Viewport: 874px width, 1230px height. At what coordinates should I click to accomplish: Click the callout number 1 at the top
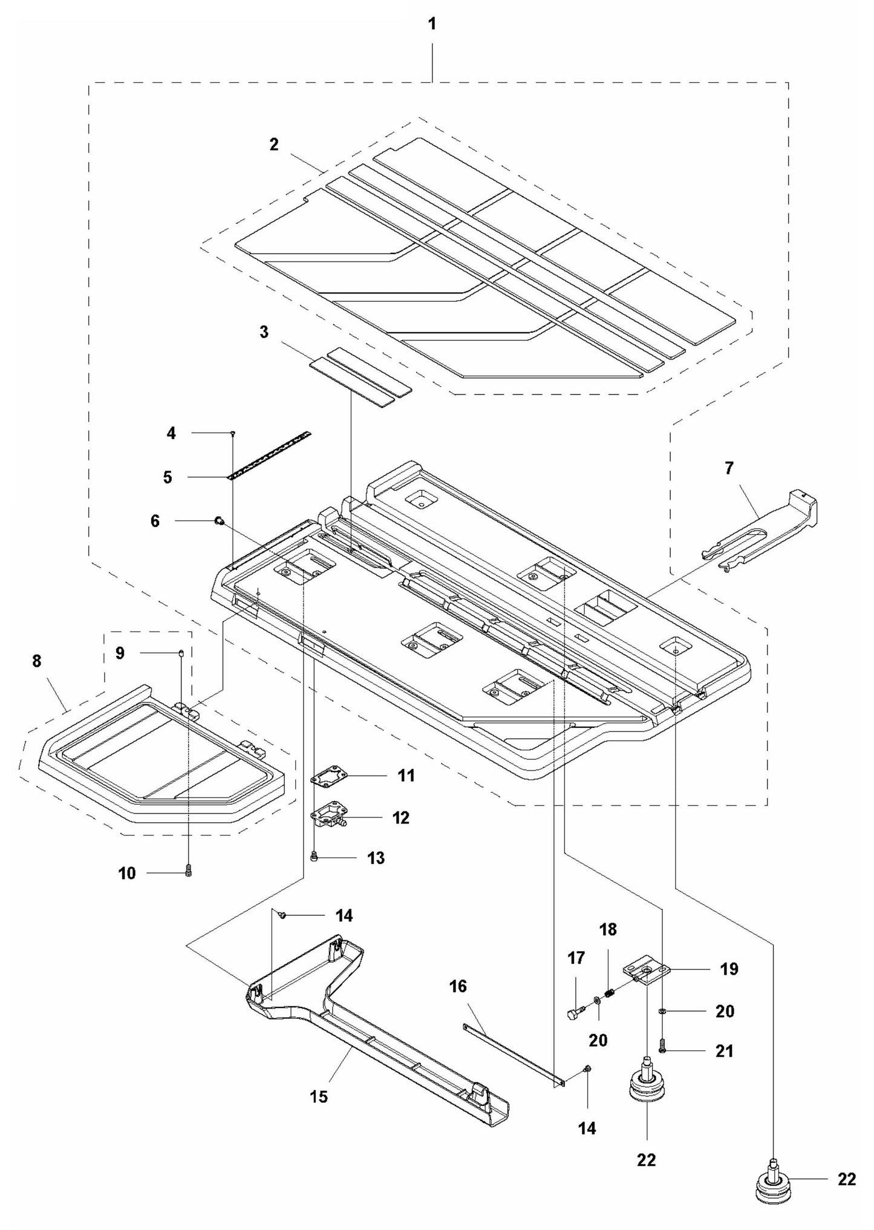(x=432, y=24)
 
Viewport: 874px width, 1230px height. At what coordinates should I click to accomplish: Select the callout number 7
(x=728, y=468)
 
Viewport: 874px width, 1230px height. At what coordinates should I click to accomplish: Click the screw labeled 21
(x=663, y=1052)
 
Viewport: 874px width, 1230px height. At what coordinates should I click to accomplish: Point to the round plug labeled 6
(x=220, y=520)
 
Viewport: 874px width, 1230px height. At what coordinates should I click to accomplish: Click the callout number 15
(x=319, y=1096)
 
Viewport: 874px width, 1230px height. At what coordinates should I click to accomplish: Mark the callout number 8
(x=37, y=661)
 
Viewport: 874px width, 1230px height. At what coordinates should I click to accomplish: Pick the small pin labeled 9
(x=181, y=653)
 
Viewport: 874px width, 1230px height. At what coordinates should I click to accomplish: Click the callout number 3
(x=264, y=332)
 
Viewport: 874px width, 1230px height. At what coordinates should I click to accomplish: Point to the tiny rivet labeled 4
(x=233, y=433)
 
